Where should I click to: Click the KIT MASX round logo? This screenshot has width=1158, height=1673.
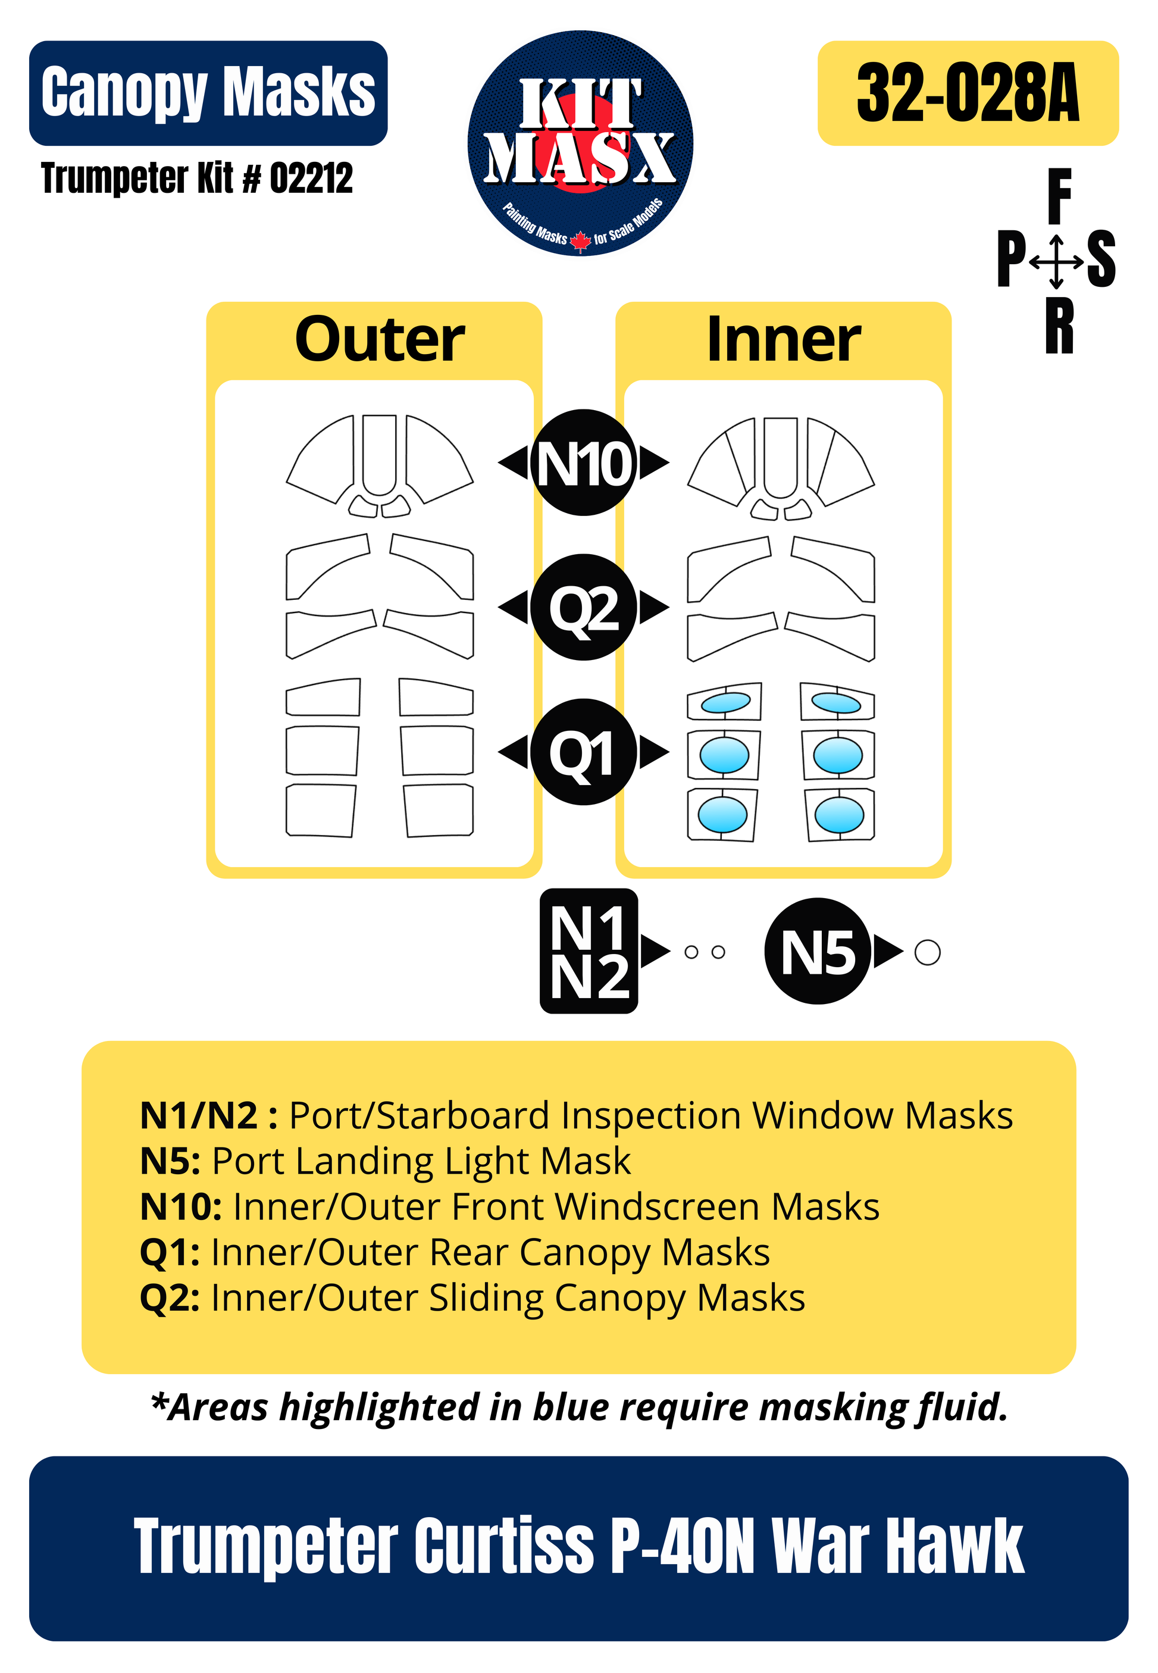[x=580, y=143]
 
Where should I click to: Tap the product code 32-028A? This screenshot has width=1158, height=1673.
[x=967, y=93]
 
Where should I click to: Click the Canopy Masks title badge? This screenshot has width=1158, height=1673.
[x=208, y=93]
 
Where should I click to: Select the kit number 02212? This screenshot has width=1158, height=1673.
[x=311, y=179]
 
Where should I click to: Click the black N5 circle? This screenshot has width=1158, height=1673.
[x=818, y=951]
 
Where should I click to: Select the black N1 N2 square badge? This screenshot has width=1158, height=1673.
[x=589, y=951]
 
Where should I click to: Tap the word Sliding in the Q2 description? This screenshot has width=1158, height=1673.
[x=486, y=1298]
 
